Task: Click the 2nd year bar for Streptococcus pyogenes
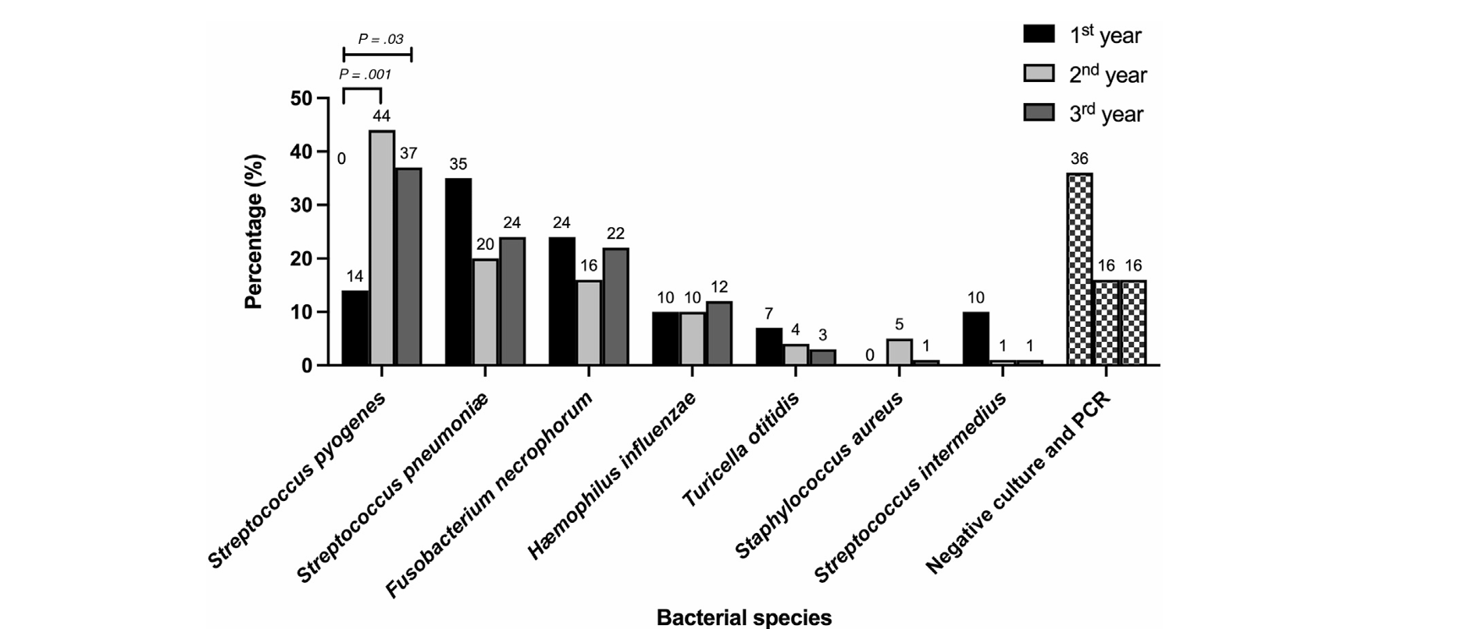pyautogui.click(x=382, y=247)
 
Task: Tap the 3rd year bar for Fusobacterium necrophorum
pyautogui.click(x=615, y=306)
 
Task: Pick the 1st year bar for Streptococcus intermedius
pyautogui.click(x=976, y=338)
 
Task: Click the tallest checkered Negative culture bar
pyautogui.click(x=1079, y=269)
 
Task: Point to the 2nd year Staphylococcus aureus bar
pyautogui.click(x=899, y=352)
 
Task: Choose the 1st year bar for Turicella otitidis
pyautogui.click(x=769, y=346)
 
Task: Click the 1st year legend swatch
pyautogui.click(x=1039, y=34)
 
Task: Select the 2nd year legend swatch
pyautogui.click(x=1039, y=73)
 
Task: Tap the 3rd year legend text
pyautogui.click(x=1106, y=114)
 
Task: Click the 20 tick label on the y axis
pyautogui.click(x=301, y=258)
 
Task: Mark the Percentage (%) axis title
pyautogui.click(x=255, y=232)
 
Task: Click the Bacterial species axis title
pyautogui.click(x=743, y=618)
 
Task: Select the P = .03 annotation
pyautogui.click(x=380, y=39)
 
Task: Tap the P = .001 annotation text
pyautogui.click(x=365, y=75)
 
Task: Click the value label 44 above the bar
pyautogui.click(x=381, y=116)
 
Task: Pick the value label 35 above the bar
pyautogui.click(x=458, y=164)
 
